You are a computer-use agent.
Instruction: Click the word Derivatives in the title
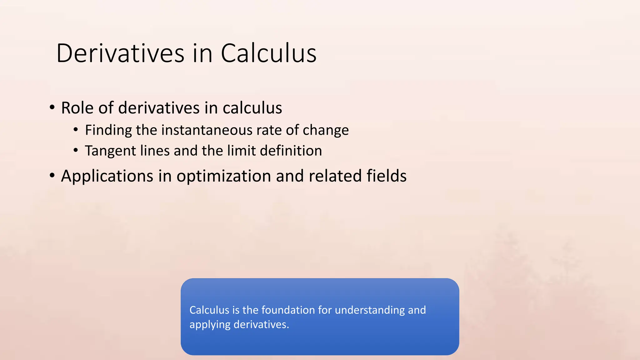(120, 53)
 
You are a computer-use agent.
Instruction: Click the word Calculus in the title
(268, 53)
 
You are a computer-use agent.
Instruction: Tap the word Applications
(107, 176)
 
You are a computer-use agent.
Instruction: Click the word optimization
(224, 176)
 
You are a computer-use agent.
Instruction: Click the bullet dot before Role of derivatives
(52, 108)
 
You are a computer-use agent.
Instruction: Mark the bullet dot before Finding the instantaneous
(76, 130)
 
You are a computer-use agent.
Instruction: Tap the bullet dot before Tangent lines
(76, 150)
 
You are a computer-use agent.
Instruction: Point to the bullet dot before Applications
(52, 176)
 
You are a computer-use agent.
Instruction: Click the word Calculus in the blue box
(209, 310)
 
